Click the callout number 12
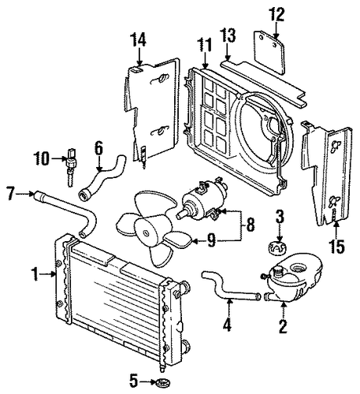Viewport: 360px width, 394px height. tap(276, 14)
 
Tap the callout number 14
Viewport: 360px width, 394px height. tap(139, 39)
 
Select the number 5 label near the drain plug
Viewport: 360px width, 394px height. tap(133, 381)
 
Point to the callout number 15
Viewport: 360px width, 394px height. tap(337, 247)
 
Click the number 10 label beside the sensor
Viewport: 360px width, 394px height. tap(42, 158)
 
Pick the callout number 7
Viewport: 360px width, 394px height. tap(10, 193)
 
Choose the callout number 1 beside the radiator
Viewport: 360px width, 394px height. tap(35, 274)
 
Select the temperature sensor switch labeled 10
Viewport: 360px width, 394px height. tap(70, 167)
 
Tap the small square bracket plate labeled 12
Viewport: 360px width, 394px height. tap(269, 52)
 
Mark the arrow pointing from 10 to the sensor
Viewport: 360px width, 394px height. tap(58, 158)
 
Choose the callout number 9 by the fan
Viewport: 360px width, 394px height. tap(212, 240)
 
